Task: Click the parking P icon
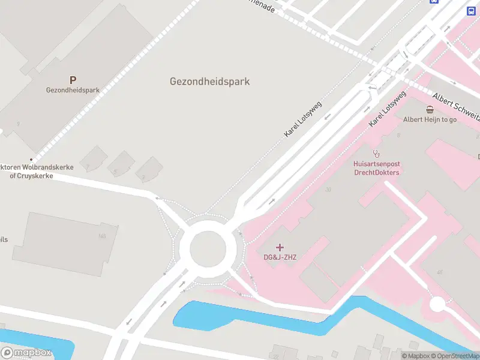tap(73, 80)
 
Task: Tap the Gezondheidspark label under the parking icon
tap(73, 91)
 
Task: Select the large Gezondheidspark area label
tap(209, 82)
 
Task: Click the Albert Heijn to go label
tap(430, 119)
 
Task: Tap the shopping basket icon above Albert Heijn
tap(430, 109)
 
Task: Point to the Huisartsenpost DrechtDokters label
tap(376, 168)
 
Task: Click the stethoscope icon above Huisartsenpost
tap(376, 153)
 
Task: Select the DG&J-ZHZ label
tap(280, 257)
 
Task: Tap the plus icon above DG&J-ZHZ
tap(280, 247)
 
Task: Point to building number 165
tap(102, 236)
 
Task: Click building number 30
tap(328, 190)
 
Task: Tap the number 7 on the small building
tap(88, 166)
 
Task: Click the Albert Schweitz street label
tap(456, 104)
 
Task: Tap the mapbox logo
tap(27, 353)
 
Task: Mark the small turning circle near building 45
tap(437, 304)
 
